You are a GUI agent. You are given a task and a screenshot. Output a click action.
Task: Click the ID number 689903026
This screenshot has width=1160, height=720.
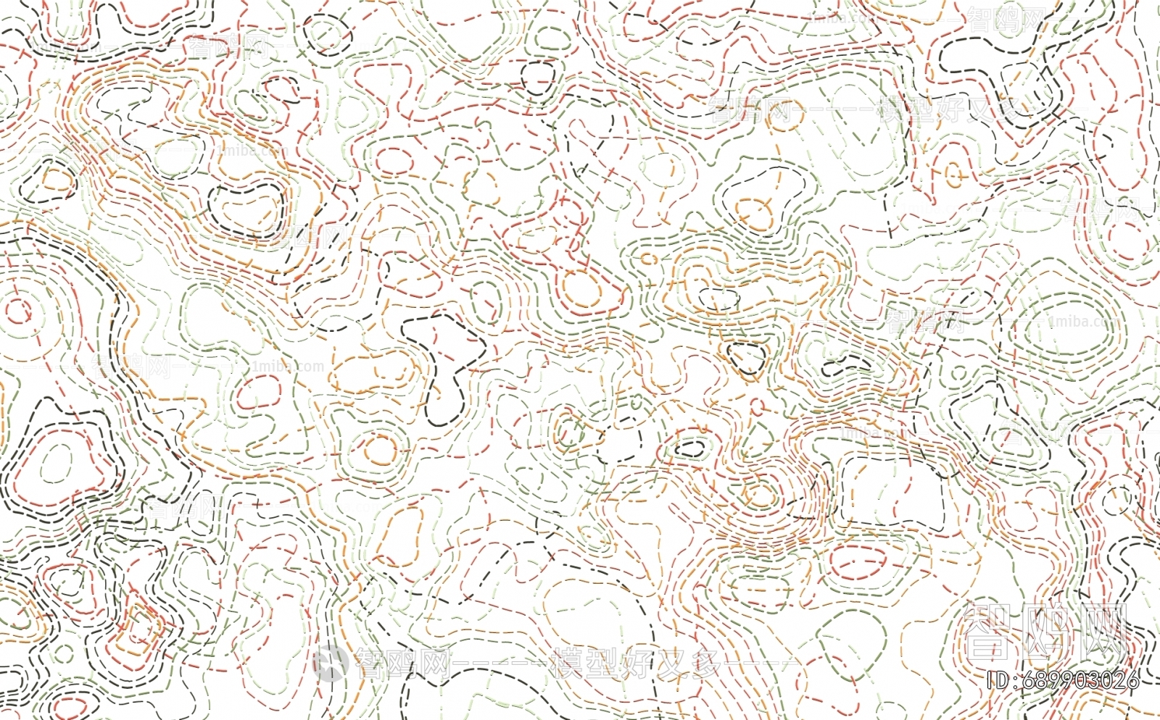coord(1080,681)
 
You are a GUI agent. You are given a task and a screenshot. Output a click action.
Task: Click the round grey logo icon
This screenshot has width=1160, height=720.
coord(331,663)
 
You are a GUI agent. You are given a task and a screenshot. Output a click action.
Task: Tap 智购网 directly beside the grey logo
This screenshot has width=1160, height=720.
coord(402,663)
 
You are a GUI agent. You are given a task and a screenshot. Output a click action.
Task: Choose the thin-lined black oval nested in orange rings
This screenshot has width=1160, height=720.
coord(718,298)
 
